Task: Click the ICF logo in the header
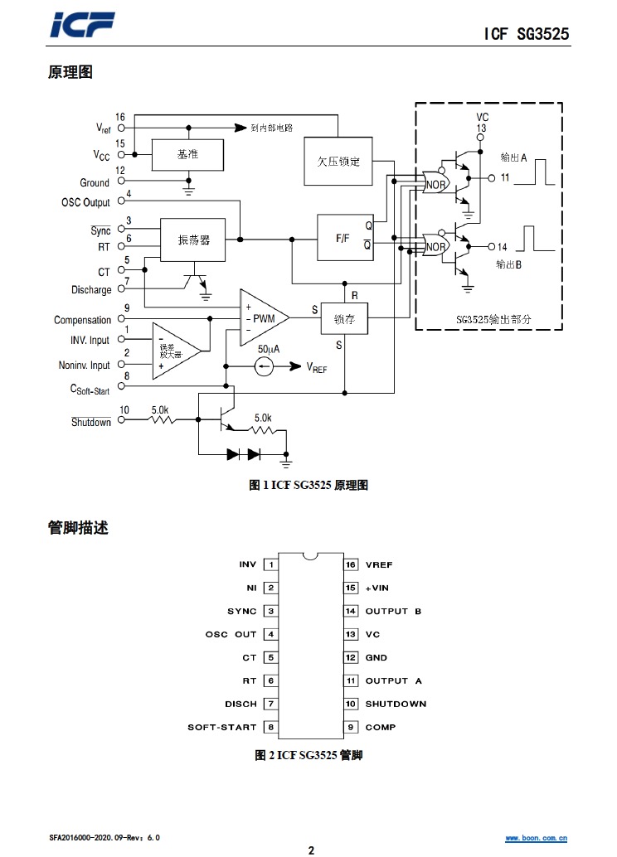tap(81, 27)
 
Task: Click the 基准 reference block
tap(187, 154)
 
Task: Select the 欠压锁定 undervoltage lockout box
tap(338, 162)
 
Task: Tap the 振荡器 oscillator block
tap(193, 240)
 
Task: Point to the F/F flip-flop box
tap(343, 238)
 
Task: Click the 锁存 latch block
tap(344, 319)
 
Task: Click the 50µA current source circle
tap(265, 366)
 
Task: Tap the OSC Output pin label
tap(85, 203)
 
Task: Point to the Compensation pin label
tap(82, 321)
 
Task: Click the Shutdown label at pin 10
tap(91, 423)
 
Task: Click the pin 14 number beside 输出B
tap(502, 247)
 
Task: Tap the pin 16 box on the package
tap(351, 565)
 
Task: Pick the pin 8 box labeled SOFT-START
tap(270, 728)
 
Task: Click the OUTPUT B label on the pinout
tap(393, 612)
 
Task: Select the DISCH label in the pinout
tap(240, 704)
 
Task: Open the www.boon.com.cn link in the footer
tap(537, 838)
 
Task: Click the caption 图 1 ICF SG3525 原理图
tap(308, 486)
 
